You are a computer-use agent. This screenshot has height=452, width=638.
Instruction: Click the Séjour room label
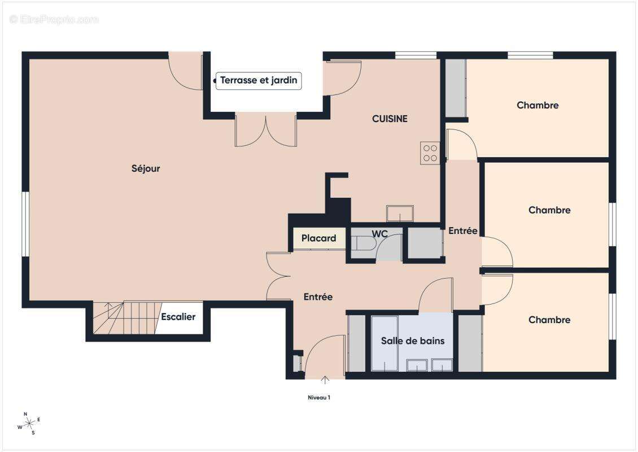pos(146,168)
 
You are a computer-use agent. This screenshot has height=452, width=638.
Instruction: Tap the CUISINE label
pos(390,119)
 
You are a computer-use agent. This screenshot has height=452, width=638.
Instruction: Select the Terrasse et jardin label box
pos(259,80)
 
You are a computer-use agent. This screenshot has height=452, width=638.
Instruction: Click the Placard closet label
pos(318,238)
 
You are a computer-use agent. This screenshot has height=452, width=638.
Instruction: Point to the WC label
pos(379,234)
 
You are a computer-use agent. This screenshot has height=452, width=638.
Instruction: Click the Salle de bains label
pos(413,341)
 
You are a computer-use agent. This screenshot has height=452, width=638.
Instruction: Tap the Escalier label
pos(178,316)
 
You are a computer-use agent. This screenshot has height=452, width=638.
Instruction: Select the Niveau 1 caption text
pos(318,397)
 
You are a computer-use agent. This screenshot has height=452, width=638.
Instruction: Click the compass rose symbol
pos(29,424)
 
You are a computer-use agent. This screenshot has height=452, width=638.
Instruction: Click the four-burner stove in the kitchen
pos(430,153)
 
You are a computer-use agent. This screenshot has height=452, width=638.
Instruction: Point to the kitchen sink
pos(400,214)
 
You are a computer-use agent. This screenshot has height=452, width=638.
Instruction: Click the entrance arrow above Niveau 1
pos(325,380)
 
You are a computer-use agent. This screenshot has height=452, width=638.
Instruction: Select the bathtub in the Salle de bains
pos(384,343)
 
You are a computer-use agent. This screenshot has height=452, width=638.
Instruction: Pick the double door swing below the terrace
pos(266,131)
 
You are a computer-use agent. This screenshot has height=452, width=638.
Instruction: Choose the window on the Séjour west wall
pos(25,224)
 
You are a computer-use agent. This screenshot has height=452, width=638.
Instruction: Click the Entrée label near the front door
pos(318,297)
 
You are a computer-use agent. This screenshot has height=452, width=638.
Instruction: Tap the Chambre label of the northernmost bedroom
pos(538,105)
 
